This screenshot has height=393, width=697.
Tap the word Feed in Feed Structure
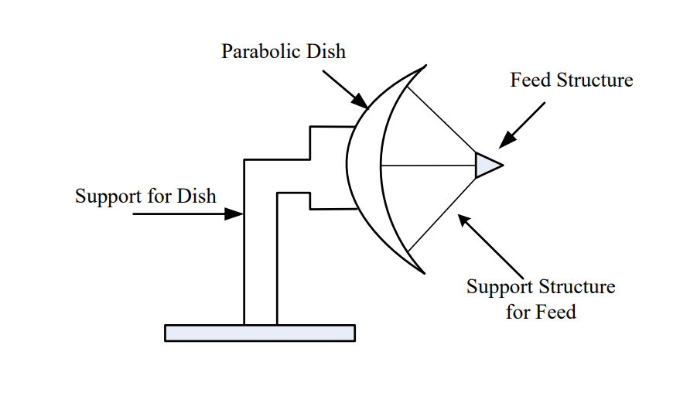tap(531, 80)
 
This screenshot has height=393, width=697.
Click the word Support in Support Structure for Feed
tap(498, 287)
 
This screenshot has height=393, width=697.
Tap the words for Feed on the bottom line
tap(542, 312)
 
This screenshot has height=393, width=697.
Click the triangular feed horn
tap(487, 165)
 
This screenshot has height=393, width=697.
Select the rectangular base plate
tap(260, 333)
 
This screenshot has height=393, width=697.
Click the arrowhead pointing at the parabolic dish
tap(361, 101)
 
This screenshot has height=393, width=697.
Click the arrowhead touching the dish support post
tap(234, 214)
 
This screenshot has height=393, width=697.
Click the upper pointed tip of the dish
tap(423, 67)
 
